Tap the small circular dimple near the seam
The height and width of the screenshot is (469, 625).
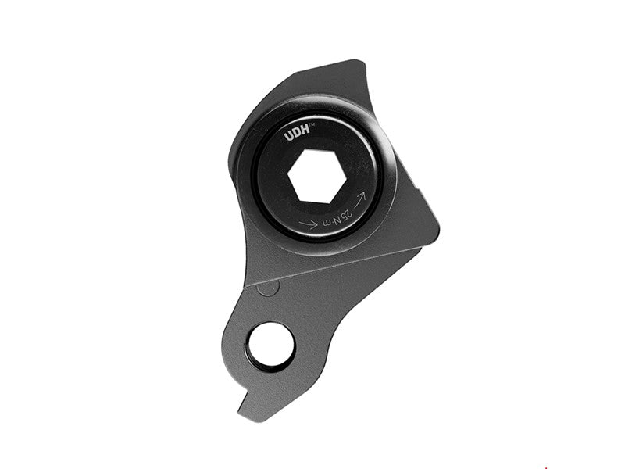268,287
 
